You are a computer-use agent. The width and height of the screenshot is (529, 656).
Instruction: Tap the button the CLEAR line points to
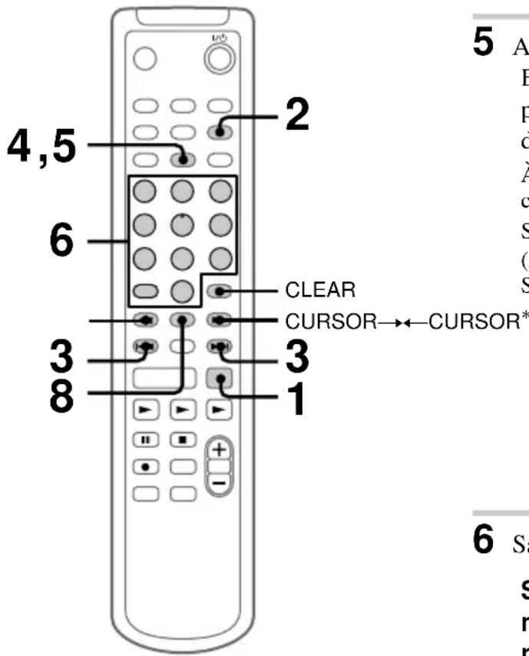tap(221, 292)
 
